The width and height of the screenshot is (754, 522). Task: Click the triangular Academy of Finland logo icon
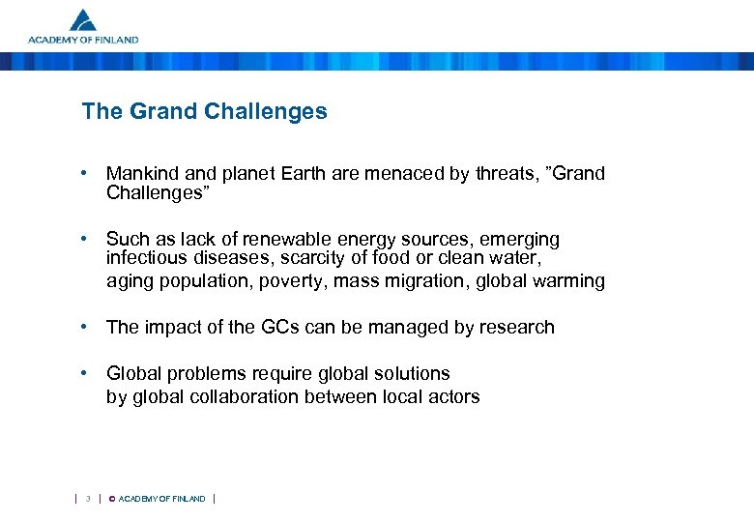click(83, 20)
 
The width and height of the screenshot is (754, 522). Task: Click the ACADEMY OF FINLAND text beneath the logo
click(83, 41)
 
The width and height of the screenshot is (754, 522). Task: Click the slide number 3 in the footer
click(88, 499)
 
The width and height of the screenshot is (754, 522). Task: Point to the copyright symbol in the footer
click(111, 499)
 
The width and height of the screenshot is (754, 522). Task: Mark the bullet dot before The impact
click(86, 327)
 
